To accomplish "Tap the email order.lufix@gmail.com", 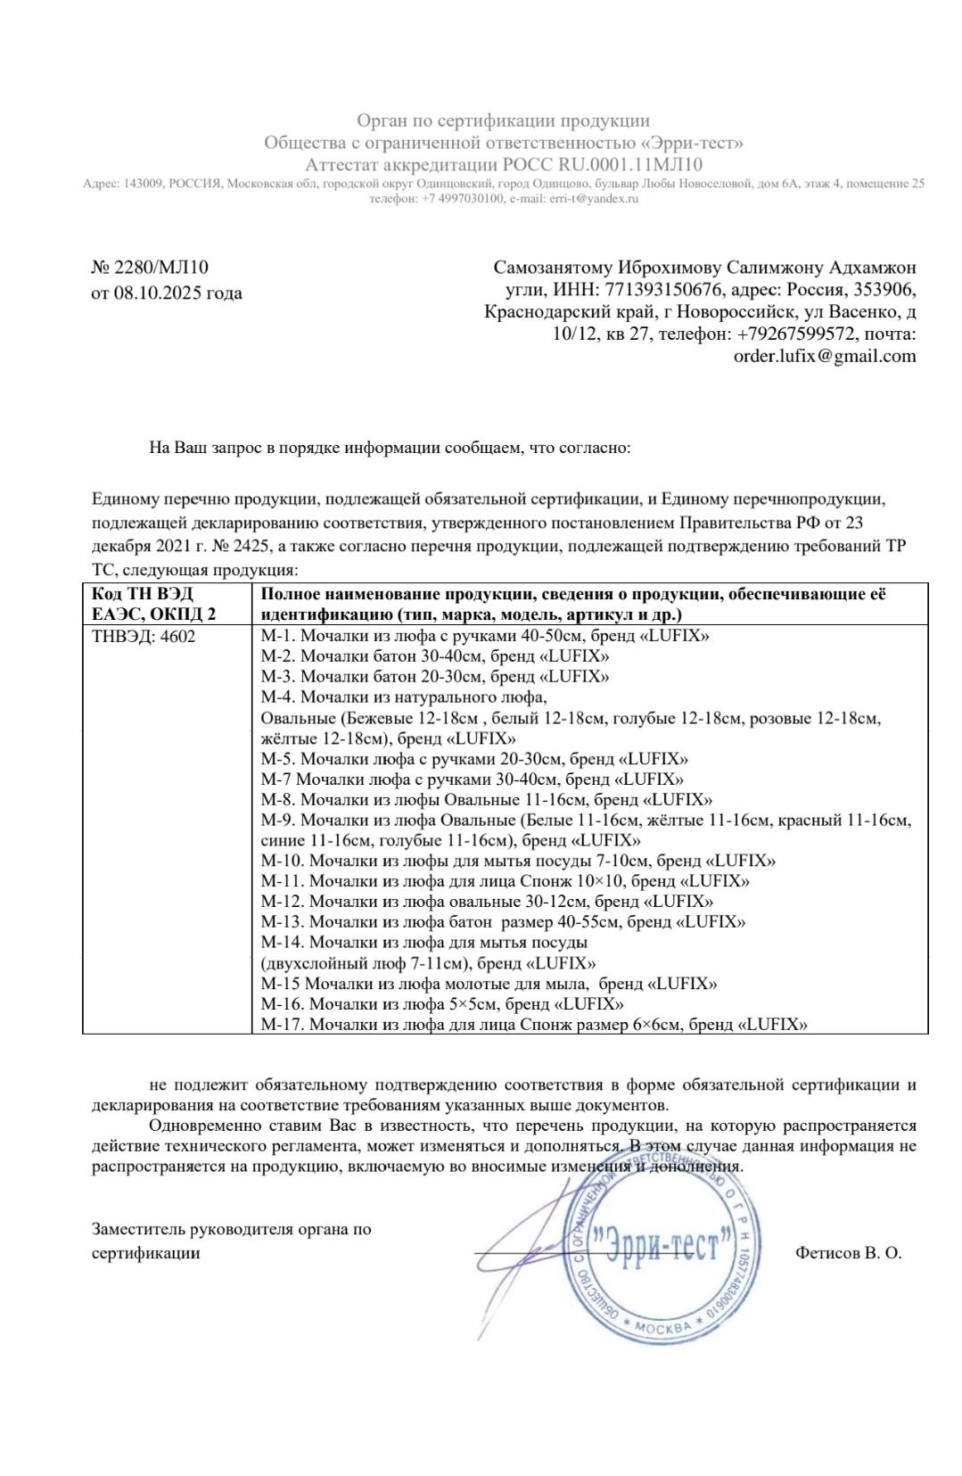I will (824, 356).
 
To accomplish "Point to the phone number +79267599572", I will (796, 334).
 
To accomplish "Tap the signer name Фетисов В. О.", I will (848, 1253).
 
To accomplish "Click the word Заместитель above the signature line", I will (137, 1229).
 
